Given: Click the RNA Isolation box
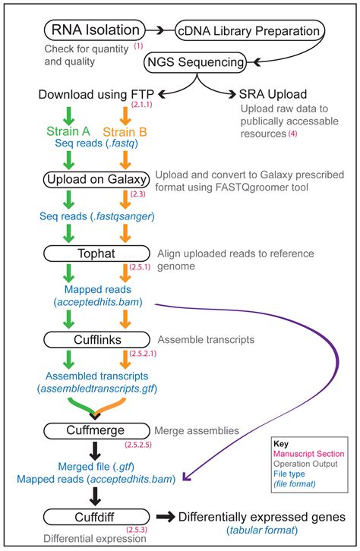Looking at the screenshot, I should coord(96,30).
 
